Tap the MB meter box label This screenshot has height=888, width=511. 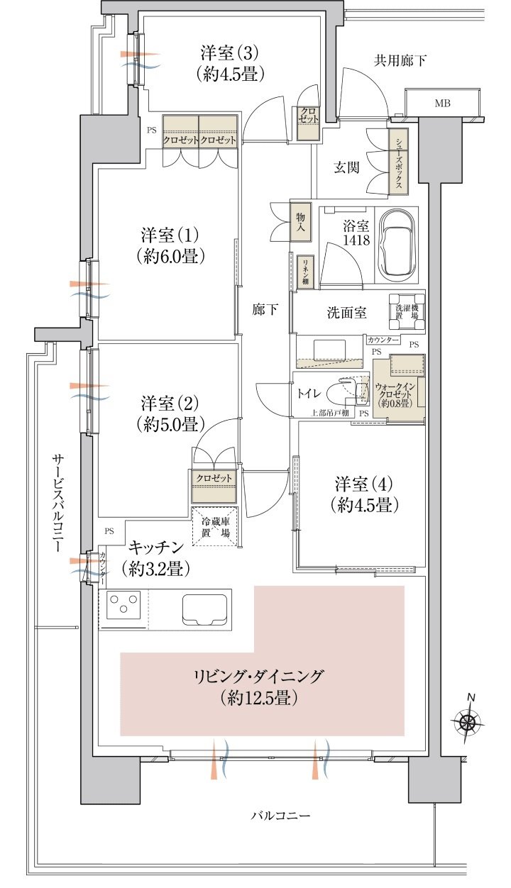point(442,104)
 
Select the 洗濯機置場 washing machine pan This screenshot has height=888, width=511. point(407,311)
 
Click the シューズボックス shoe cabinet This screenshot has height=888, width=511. point(398,162)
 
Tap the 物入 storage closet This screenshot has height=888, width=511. point(300,222)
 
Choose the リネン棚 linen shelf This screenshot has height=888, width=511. point(305,272)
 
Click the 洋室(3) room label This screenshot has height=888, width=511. point(229,52)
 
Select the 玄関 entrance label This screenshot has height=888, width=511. point(346,167)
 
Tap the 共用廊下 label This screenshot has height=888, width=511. point(400,61)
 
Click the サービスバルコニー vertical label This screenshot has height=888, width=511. point(58,504)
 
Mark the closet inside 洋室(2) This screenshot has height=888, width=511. point(214,486)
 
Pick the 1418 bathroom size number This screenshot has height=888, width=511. point(356,240)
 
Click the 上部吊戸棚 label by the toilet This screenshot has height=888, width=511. point(329,413)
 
